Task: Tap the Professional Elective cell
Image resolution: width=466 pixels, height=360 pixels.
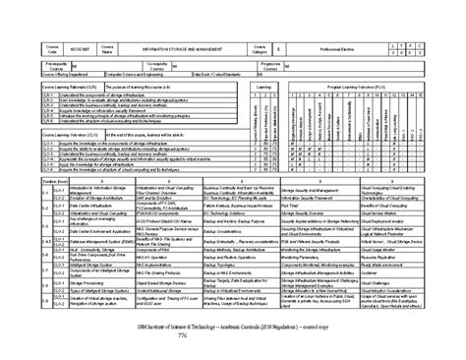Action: (x=334, y=48)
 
